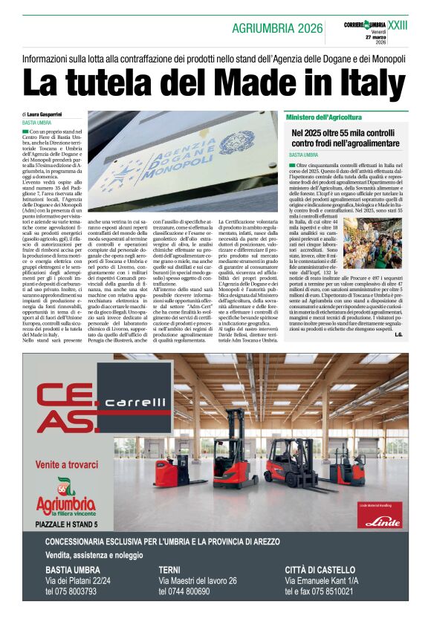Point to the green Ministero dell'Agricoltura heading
coord(324,117)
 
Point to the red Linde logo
coord(382,518)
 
